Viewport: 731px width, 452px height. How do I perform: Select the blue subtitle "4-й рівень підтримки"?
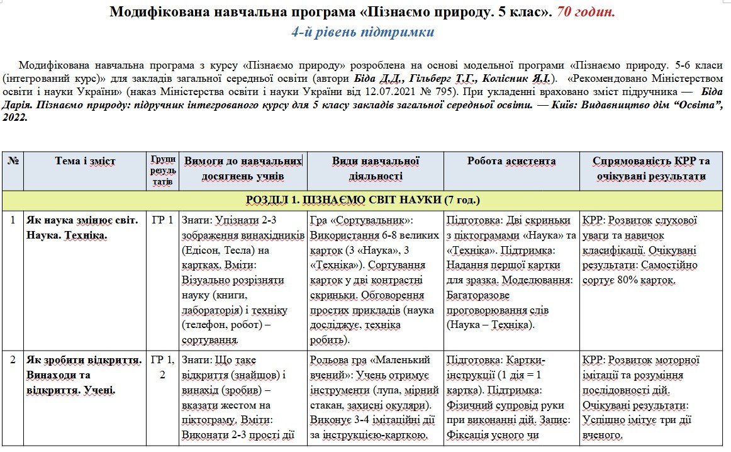tap(363, 31)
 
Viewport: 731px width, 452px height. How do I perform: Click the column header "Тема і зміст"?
tap(85, 162)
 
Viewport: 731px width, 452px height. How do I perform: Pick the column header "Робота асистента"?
tap(511, 162)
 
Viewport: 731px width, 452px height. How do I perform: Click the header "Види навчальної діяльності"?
tap(376, 169)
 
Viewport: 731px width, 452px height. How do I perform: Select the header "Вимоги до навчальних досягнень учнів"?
tap(243, 169)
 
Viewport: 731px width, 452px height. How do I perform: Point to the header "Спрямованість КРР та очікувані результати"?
tap(650, 169)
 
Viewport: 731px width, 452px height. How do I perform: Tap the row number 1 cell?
tap(13, 221)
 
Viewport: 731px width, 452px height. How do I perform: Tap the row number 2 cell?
tap(13, 361)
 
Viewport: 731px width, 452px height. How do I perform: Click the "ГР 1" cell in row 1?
tap(162, 221)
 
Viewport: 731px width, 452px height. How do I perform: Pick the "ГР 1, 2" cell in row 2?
tap(162, 368)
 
